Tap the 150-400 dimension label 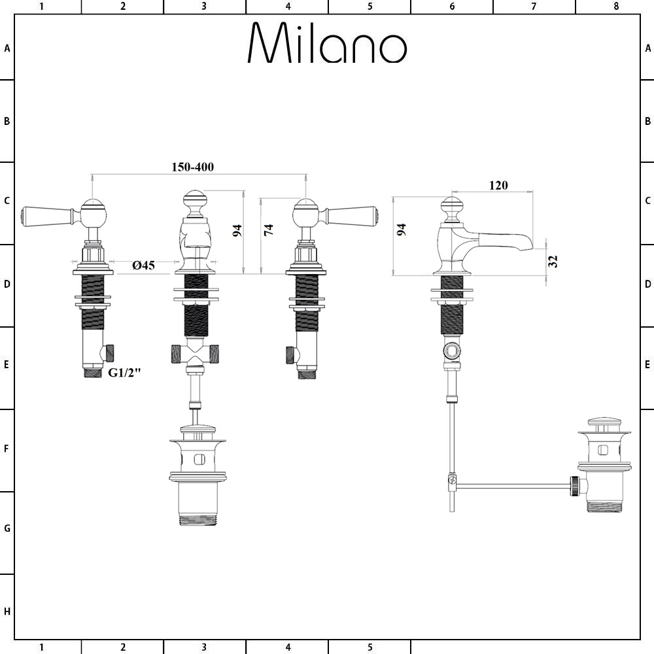tap(192, 167)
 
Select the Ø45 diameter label tap(143, 265)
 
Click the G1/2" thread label tap(125, 373)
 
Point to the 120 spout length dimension tap(498, 185)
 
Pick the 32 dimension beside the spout tap(553, 261)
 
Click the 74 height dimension tap(268, 230)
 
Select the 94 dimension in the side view tap(402, 230)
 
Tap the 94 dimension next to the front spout tap(237, 230)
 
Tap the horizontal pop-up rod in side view tap(513, 485)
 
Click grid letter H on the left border tap(7, 611)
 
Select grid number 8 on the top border tap(615, 7)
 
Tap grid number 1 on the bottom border tap(41, 647)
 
